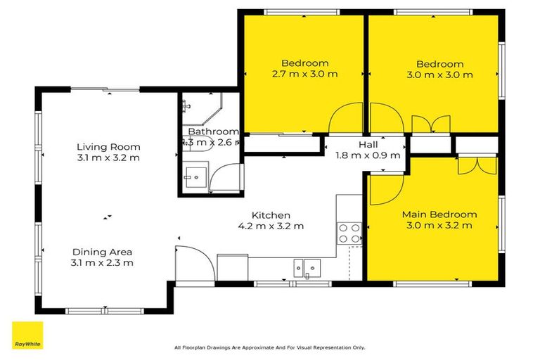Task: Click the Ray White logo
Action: point(27,335)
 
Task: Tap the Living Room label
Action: point(108,147)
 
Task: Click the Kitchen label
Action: point(271,215)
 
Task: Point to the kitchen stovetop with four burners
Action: point(349,233)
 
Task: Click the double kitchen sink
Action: point(307,266)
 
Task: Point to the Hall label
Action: point(368,144)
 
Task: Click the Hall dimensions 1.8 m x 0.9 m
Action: point(368,155)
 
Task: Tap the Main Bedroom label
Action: point(439,214)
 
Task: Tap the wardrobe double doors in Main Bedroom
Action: point(470,165)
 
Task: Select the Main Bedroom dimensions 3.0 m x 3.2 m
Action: point(439,226)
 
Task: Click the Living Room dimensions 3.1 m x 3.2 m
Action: point(108,158)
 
